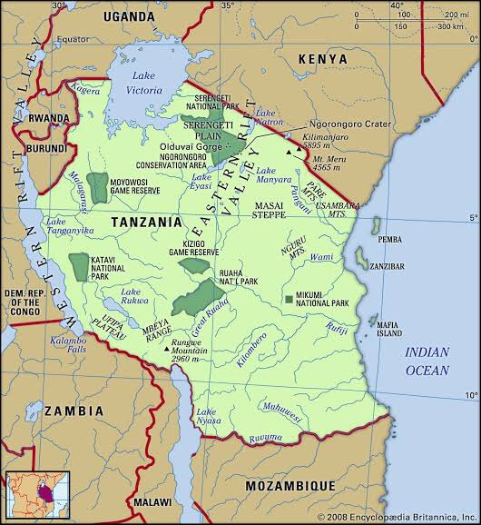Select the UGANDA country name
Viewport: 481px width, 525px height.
coord(128,16)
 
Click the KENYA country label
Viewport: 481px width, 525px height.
coord(323,58)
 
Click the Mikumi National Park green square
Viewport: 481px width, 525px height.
coord(288,299)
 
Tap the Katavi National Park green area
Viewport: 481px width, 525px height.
coord(79,264)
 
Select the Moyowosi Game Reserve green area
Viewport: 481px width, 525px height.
coord(96,186)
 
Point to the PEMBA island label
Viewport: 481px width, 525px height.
coord(388,239)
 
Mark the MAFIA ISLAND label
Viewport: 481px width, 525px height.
coord(388,328)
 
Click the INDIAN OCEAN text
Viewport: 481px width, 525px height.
coord(427,362)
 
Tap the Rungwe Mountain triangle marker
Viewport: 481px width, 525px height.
coord(166,346)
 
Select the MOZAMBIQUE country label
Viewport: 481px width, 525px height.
coord(290,485)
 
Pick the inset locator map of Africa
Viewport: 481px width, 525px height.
coord(31,494)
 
